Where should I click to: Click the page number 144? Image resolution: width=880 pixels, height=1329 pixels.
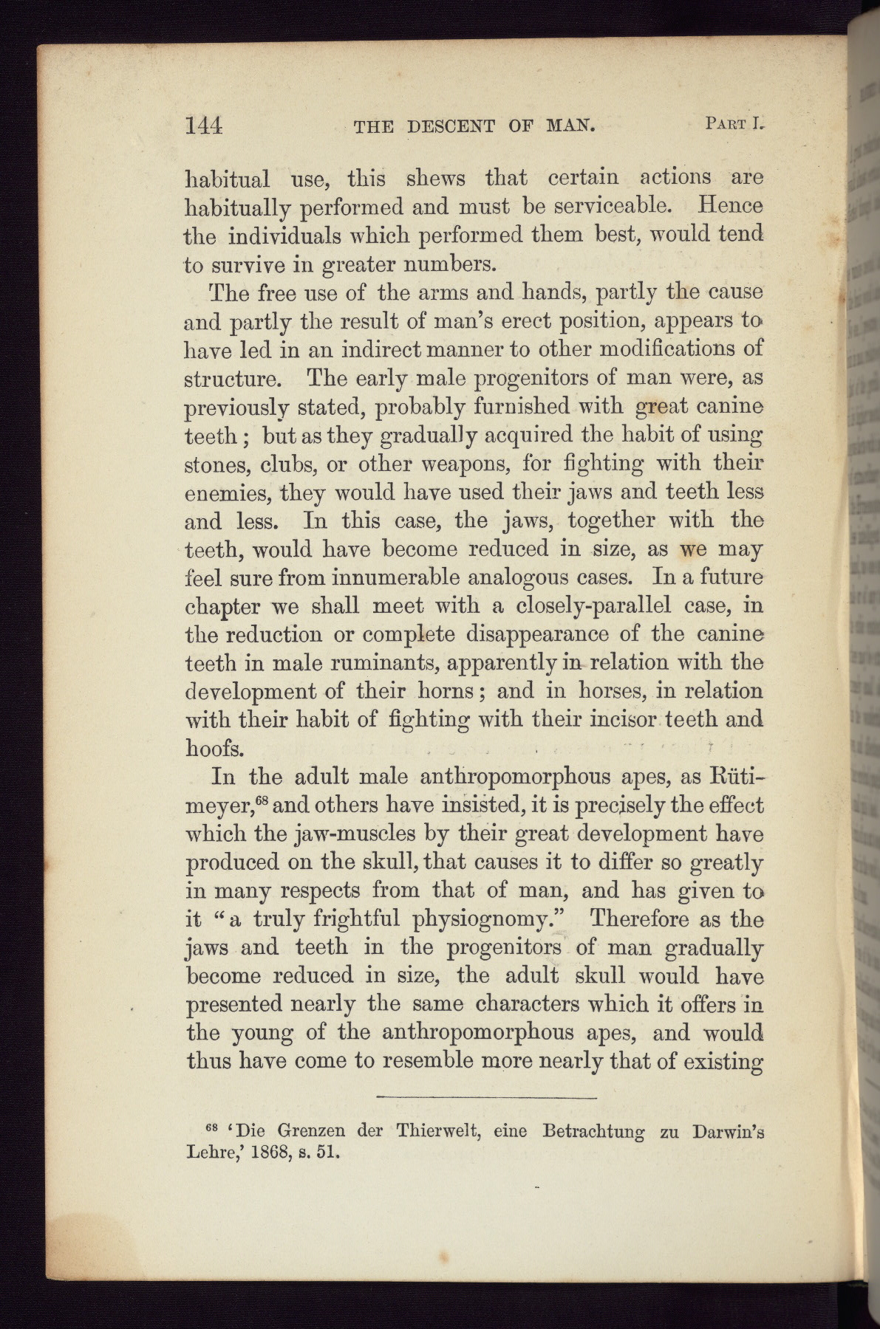point(203,126)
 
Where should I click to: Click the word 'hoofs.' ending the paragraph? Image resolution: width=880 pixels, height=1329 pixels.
point(214,748)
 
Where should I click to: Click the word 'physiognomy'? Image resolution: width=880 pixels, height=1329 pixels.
point(483,920)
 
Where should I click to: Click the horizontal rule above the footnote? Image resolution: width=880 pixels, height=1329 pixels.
point(485,1099)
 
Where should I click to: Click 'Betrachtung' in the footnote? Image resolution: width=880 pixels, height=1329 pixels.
point(593,1131)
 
